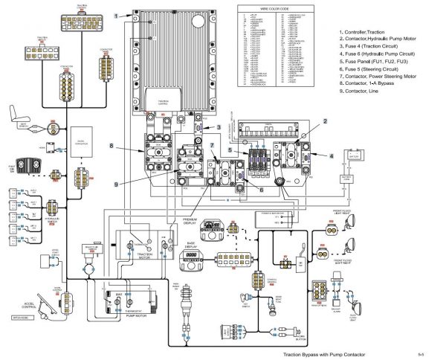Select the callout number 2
click(324, 120)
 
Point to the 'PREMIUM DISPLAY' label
click(194, 222)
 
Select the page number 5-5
click(421, 355)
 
